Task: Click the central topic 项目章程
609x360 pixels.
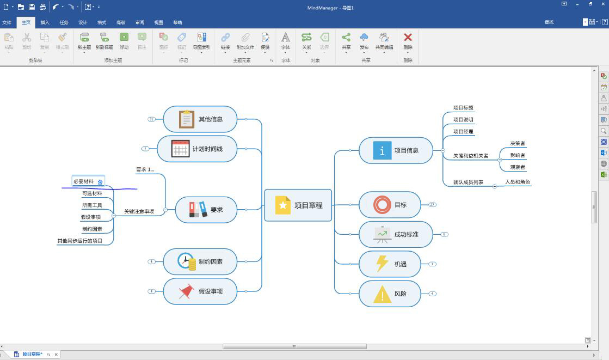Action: pyautogui.click(x=298, y=205)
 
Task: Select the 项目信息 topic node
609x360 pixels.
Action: pyautogui.click(x=396, y=150)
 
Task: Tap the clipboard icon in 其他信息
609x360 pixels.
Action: pyautogui.click(x=187, y=119)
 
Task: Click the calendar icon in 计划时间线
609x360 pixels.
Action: pyautogui.click(x=180, y=149)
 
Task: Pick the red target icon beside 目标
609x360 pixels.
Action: pyautogui.click(x=382, y=205)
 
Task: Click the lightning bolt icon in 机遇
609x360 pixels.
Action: pyautogui.click(x=382, y=264)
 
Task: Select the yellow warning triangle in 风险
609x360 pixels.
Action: pyautogui.click(x=382, y=294)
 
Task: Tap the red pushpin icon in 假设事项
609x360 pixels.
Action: pyautogui.click(x=187, y=291)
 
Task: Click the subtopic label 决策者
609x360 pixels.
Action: pyautogui.click(x=518, y=143)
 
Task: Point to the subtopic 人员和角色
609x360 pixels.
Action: pyautogui.click(x=517, y=182)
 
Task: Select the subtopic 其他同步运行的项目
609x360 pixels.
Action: pyautogui.click(x=80, y=241)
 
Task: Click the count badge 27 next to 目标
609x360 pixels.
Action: pyautogui.click(x=432, y=205)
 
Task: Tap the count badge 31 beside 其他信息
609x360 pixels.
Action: pyautogui.click(x=151, y=119)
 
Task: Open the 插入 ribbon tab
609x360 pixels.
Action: pyautogui.click(x=45, y=22)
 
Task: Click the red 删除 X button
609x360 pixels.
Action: pyautogui.click(x=408, y=38)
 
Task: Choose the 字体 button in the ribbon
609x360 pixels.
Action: pyautogui.click(x=286, y=40)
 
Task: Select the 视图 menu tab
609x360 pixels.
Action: pyautogui.click(x=158, y=22)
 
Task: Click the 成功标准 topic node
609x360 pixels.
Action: pyautogui.click(x=396, y=235)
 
